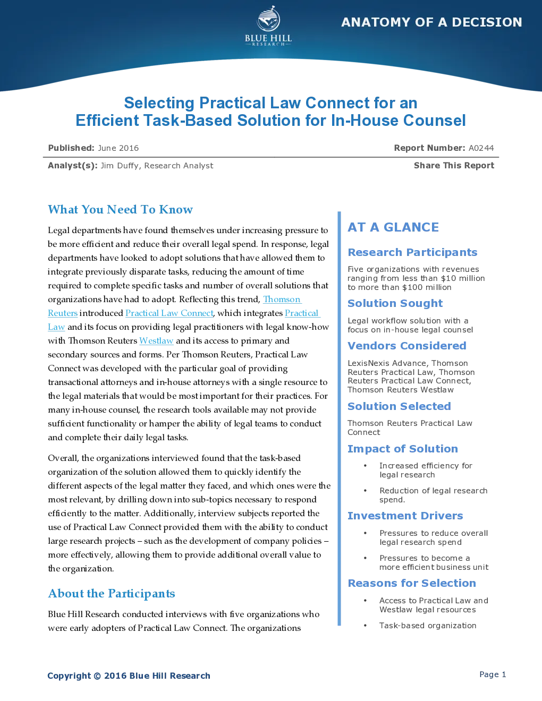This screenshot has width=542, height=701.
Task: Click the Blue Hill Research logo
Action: [268, 26]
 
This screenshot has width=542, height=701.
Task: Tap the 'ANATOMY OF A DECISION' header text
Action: [431, 22]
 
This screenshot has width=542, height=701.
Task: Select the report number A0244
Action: [481, 148]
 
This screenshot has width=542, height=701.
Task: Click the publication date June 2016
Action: [118, 148]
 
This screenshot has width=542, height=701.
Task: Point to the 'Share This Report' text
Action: [454, 166]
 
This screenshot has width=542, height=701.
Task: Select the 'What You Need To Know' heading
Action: [120, 209]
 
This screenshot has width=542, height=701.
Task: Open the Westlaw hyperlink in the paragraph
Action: [156, 340]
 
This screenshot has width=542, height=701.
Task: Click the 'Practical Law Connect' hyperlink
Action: [169, 313]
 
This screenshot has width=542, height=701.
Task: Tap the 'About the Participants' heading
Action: [112, 593]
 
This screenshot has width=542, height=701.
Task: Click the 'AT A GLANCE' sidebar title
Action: [393, 227]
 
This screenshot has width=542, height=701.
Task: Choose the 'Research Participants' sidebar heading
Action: [412, 252]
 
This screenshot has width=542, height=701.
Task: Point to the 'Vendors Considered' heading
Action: [406, 346]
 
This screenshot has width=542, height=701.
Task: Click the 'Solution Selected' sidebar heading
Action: [399, 406]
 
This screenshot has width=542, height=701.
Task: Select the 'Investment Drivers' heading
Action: [405, 516]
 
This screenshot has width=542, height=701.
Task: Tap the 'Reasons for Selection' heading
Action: [412, 583]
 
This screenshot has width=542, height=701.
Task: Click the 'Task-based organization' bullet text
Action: [428, 626]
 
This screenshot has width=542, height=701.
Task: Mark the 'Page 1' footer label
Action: [493, 674]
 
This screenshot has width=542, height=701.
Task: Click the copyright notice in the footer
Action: [129, 676]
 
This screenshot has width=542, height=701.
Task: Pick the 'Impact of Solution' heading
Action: [403, 449]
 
